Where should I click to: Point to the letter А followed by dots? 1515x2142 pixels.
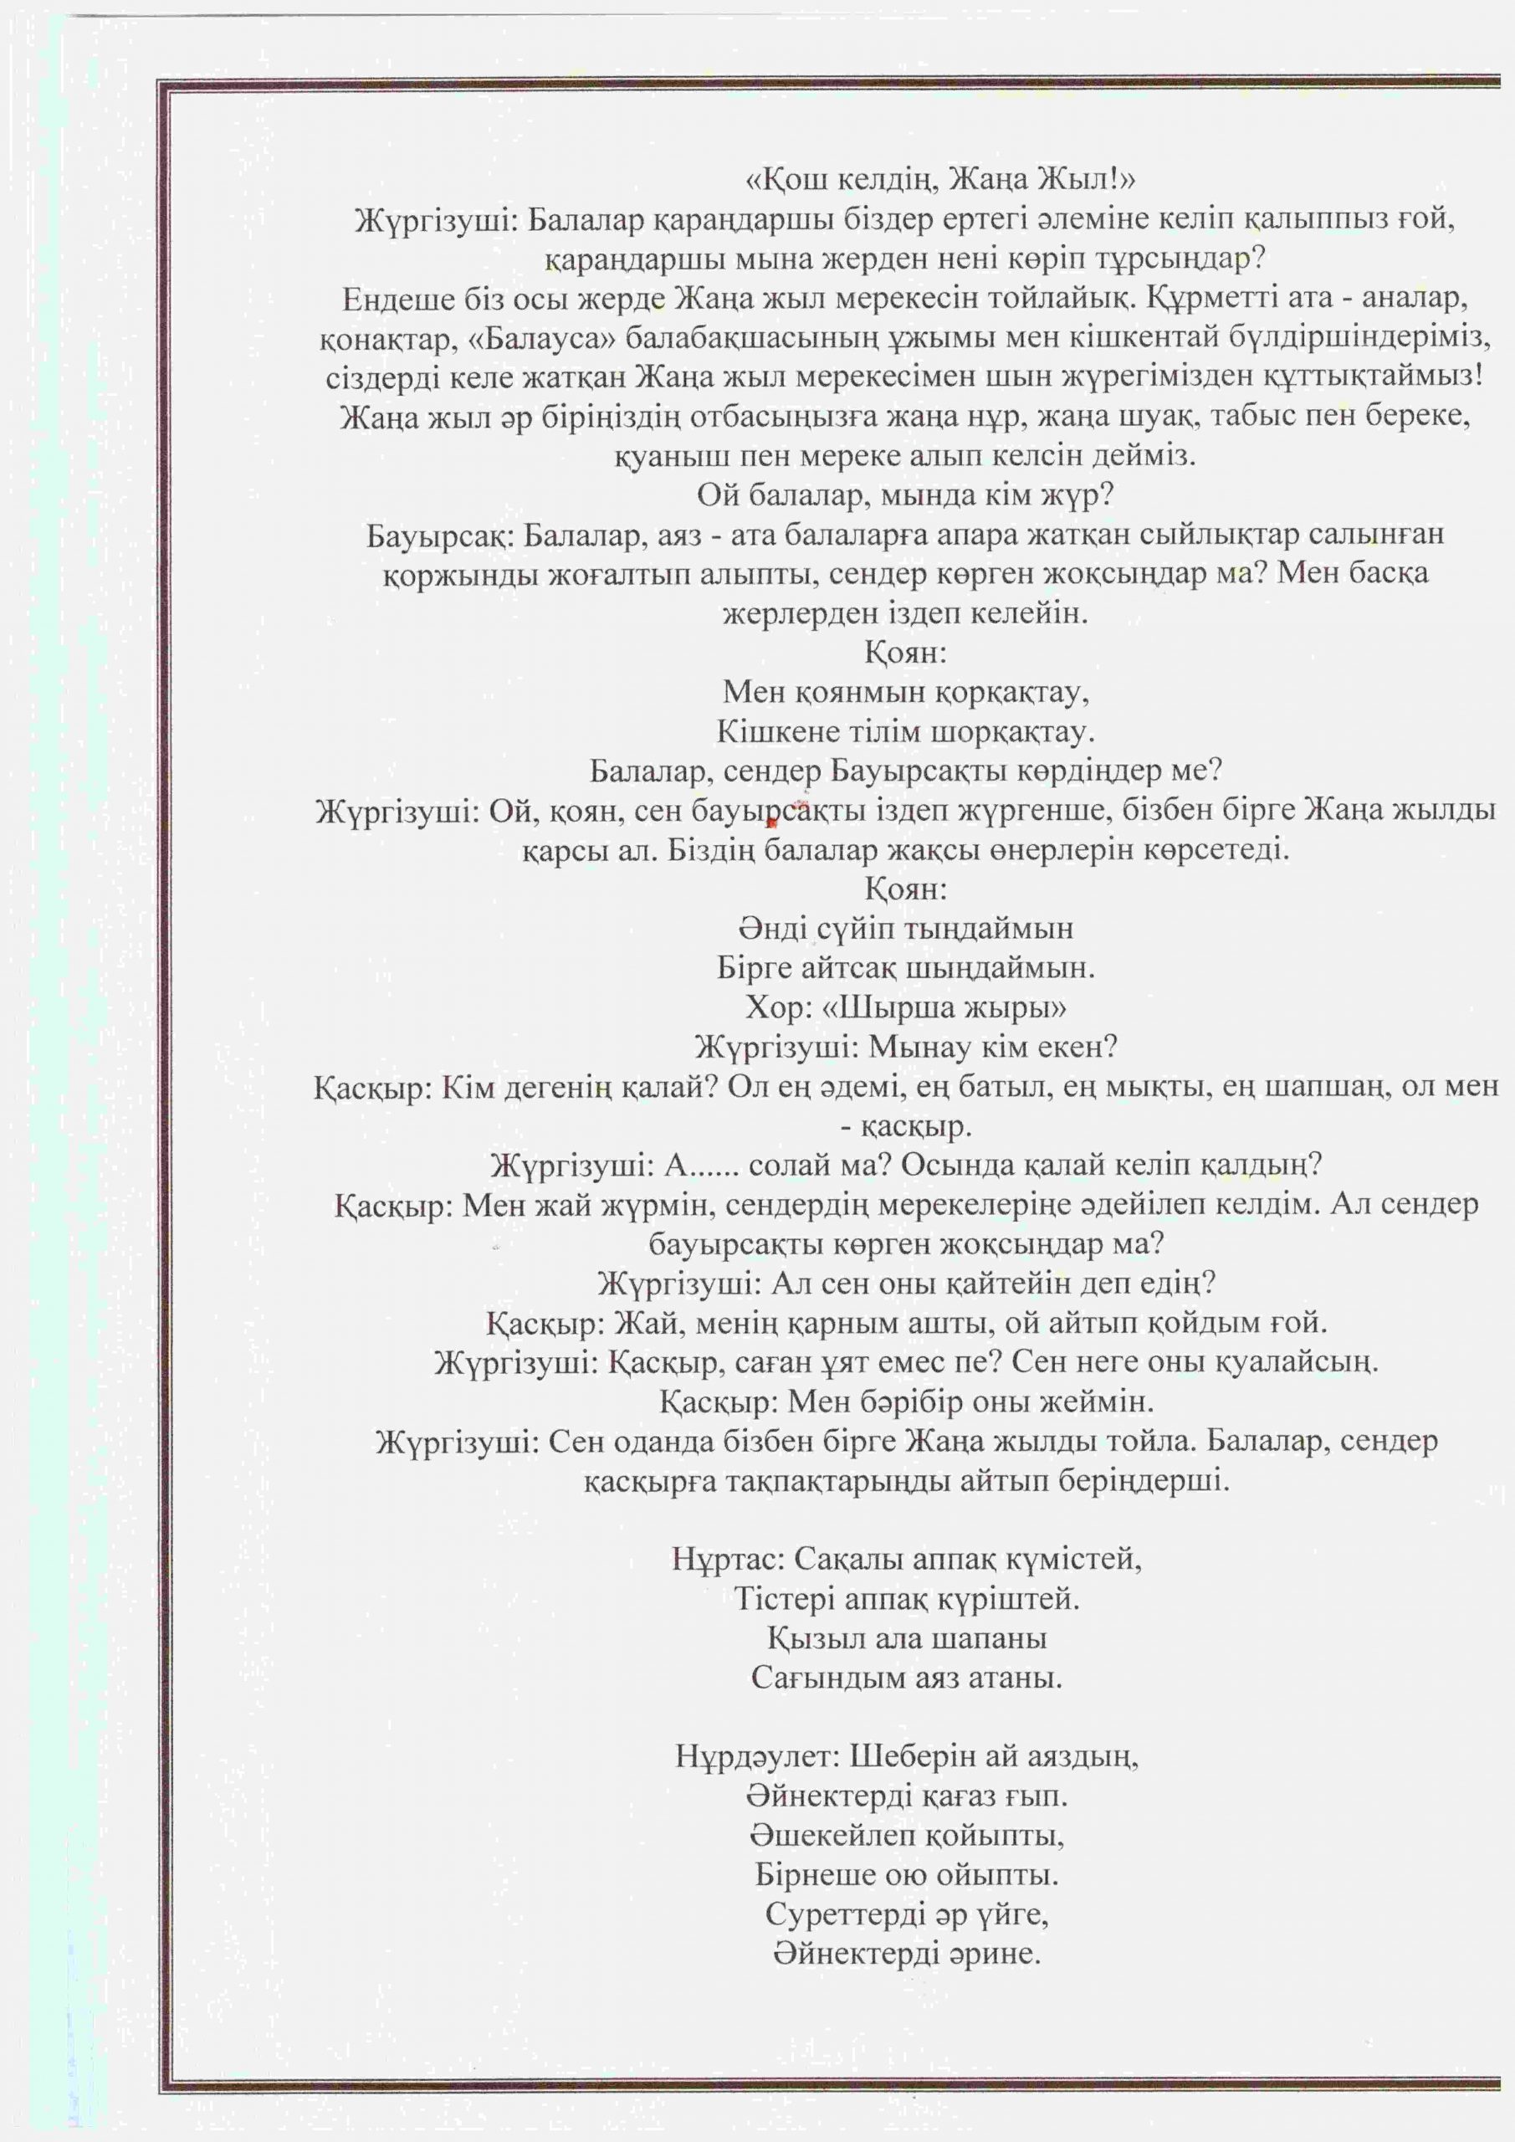click(x=675, y=1166)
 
